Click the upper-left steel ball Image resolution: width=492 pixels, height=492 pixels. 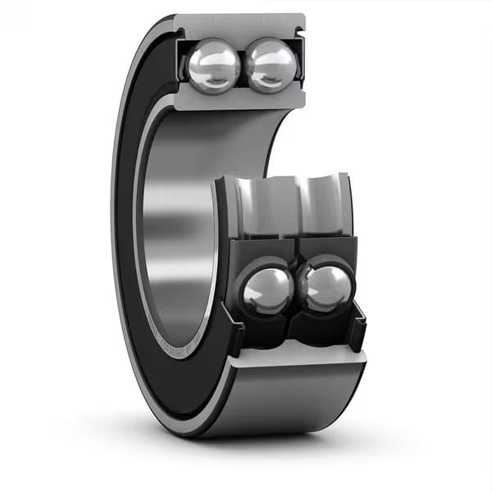[213, 66]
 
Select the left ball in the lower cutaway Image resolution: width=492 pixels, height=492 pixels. [267, 291]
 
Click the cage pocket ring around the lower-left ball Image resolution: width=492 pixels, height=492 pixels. [246, 271]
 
